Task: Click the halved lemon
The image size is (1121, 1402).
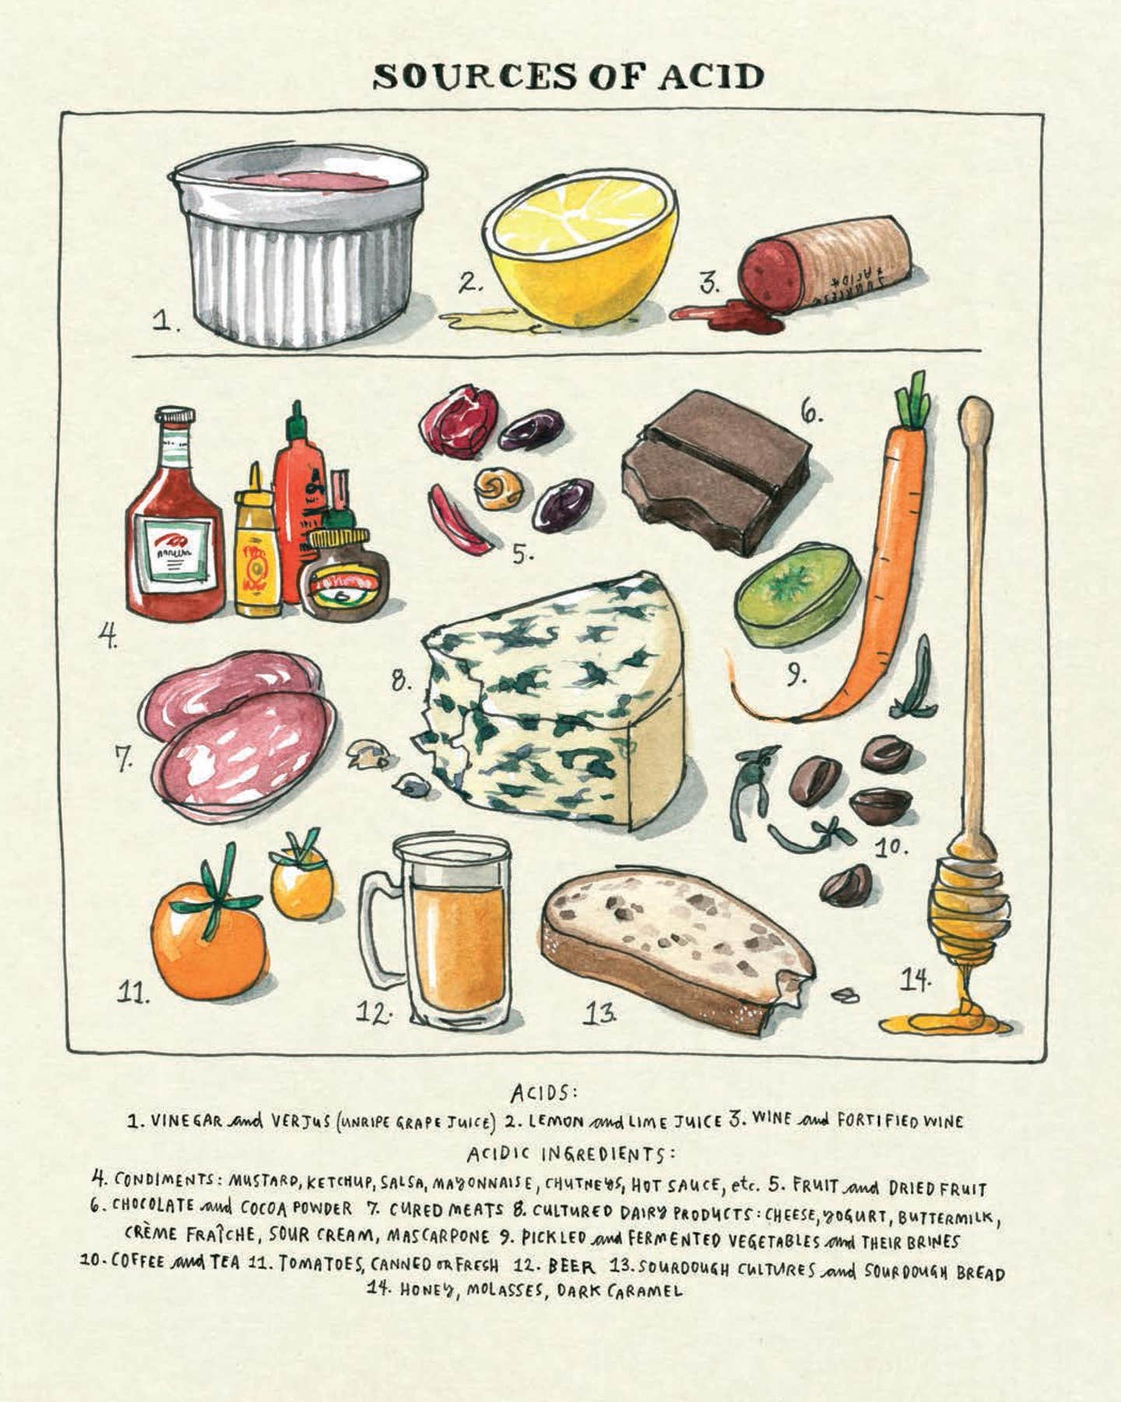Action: (x=580, y=249)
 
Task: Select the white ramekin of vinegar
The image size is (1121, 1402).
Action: (x=300, y=249)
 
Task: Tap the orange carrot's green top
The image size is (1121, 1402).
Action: (x=912, y=401)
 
